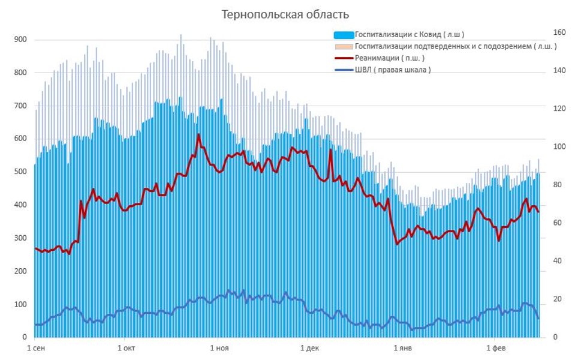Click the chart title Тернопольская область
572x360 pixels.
point(285,14)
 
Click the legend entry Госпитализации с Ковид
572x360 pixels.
point(409,34)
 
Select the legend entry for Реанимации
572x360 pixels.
point(389,58)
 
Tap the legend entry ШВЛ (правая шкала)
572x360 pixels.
point(393,70)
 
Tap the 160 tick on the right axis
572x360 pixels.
point(559,32)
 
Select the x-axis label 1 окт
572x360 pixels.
point(127,348)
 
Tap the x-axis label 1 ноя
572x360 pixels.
point(219,348)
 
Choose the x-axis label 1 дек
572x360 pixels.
point(309,348)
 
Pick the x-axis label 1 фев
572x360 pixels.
point(495,348)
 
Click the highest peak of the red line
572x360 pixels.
point(198,134)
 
